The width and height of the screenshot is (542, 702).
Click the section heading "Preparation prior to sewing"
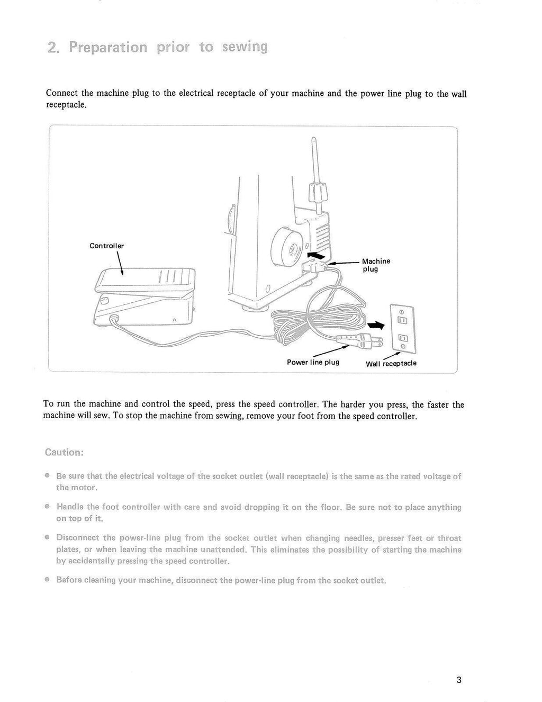point(157,47)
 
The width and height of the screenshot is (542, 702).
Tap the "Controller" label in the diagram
point(106,246)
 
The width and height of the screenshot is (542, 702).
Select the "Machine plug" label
point(376,265)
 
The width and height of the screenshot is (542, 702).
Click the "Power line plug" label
point(313,363)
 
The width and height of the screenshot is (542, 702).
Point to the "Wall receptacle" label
point(391,363)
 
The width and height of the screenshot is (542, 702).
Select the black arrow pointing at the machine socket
point(317,257)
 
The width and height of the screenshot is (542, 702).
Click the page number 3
point(458,680)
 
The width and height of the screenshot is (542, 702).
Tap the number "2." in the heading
point(53,48)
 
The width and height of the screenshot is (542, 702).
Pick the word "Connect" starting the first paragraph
point(62,93)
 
